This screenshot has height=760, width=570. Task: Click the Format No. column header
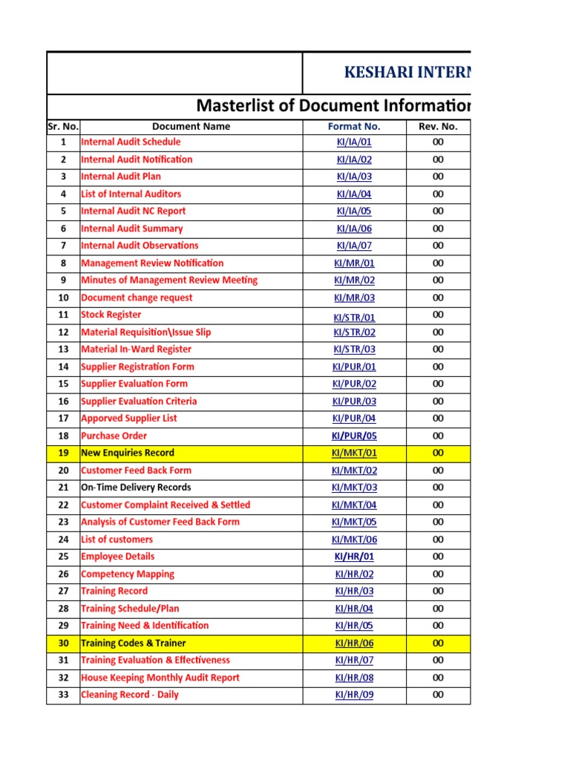click(x=354, y=126)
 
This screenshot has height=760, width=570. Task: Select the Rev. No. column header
click(x=438, y=126)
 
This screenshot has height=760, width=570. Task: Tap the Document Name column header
click(x=191, y=126)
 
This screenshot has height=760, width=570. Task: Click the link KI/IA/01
click(x=354, y=142)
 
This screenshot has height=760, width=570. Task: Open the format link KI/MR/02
click(x=354, y=281)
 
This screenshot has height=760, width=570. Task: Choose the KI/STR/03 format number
click(x=354, y=350)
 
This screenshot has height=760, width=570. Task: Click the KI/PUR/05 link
click(x=354, y=436)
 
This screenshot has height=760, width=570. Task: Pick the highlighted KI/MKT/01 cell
click(x=354, y=453)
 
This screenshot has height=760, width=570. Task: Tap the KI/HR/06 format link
click(x=354, y=643)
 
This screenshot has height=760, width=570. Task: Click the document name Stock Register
click(x=111, y=315)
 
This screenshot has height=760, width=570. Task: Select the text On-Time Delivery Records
click(x=136, y=488)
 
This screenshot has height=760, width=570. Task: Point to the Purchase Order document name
click(x=114, y=436)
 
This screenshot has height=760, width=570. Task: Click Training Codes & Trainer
click(x=133, y=643)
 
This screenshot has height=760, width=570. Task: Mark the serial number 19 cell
click(x=63, y=453)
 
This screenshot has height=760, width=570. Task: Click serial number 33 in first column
click(x=63, y=695)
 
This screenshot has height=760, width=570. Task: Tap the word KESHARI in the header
click(x=378, y=73)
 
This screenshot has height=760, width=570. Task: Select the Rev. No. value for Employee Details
click(x=438, y=557)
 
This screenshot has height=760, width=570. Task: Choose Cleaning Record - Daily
click(x=129, y=695)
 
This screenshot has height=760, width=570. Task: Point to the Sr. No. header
click(x=63, y=126)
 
